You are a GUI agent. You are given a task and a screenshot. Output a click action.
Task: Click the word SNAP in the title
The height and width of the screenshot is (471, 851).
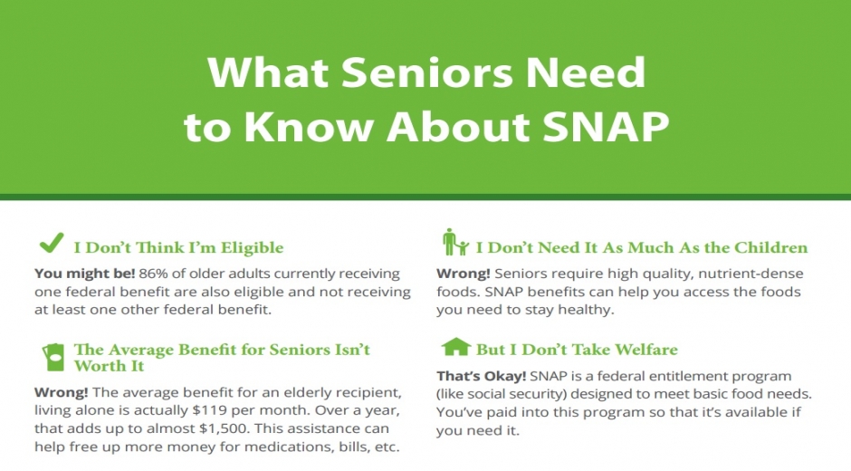pyautogui.click(x=606, y=126)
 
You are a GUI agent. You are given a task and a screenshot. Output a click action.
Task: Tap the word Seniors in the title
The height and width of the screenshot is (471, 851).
pyautogui.click(x=427, y=72)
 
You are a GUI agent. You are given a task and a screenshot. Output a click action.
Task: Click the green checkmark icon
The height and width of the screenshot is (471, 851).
pyautogui.click(x=52, y=243)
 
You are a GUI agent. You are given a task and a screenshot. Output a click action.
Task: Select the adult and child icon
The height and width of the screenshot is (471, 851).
pyautogui.click(x=455, y=242)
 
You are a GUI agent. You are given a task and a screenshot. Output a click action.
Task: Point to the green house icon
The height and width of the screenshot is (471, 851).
pyautogui.click(x=456, y=347)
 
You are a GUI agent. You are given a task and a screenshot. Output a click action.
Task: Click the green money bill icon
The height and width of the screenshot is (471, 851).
pyautogui.click(x=53, y=358)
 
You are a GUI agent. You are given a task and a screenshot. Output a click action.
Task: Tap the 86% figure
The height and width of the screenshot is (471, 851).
pyautogui.click(x=154, y=274)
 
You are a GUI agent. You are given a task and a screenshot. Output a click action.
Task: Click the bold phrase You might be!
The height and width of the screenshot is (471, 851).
pyautogui.click(x=85, y=274)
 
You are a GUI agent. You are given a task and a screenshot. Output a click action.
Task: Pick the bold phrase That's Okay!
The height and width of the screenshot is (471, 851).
pyautogui.click(x=482, y=376)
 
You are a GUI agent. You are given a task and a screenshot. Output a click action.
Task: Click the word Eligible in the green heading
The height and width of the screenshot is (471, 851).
pyautogui.click(x=253, y=247)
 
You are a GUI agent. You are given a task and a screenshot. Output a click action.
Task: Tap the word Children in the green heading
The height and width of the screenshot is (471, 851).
pyautogui.click(x=770, y=247)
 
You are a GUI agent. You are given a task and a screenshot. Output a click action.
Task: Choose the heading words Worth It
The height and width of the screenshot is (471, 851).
pyautogui.click(x=109, y=366)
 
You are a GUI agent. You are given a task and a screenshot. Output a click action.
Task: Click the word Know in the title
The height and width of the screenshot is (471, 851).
pyautogui.click(x=309, y=126)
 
